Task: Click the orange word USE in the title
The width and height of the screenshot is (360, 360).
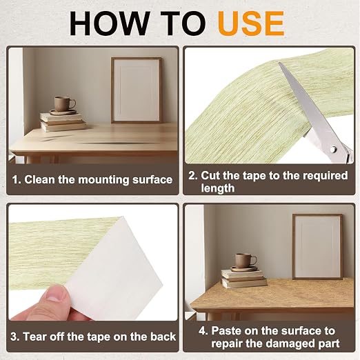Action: (251, 23)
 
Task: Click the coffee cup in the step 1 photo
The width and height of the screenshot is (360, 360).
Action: (64, 104)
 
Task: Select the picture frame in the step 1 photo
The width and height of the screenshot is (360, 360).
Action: (137, 90)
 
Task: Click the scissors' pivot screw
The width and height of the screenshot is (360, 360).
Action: (332, 150)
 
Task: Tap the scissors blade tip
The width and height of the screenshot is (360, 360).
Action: (279, 63)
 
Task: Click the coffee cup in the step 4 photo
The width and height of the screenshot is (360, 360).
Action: (245, 261)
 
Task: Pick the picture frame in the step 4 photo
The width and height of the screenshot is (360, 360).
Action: (317, 246)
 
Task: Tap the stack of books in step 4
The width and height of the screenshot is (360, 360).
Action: (243, 278)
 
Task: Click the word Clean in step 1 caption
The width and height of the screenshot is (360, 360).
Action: (39, 179)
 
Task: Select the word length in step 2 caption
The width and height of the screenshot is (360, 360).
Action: (218, 188)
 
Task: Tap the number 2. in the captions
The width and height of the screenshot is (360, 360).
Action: (193, 175)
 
